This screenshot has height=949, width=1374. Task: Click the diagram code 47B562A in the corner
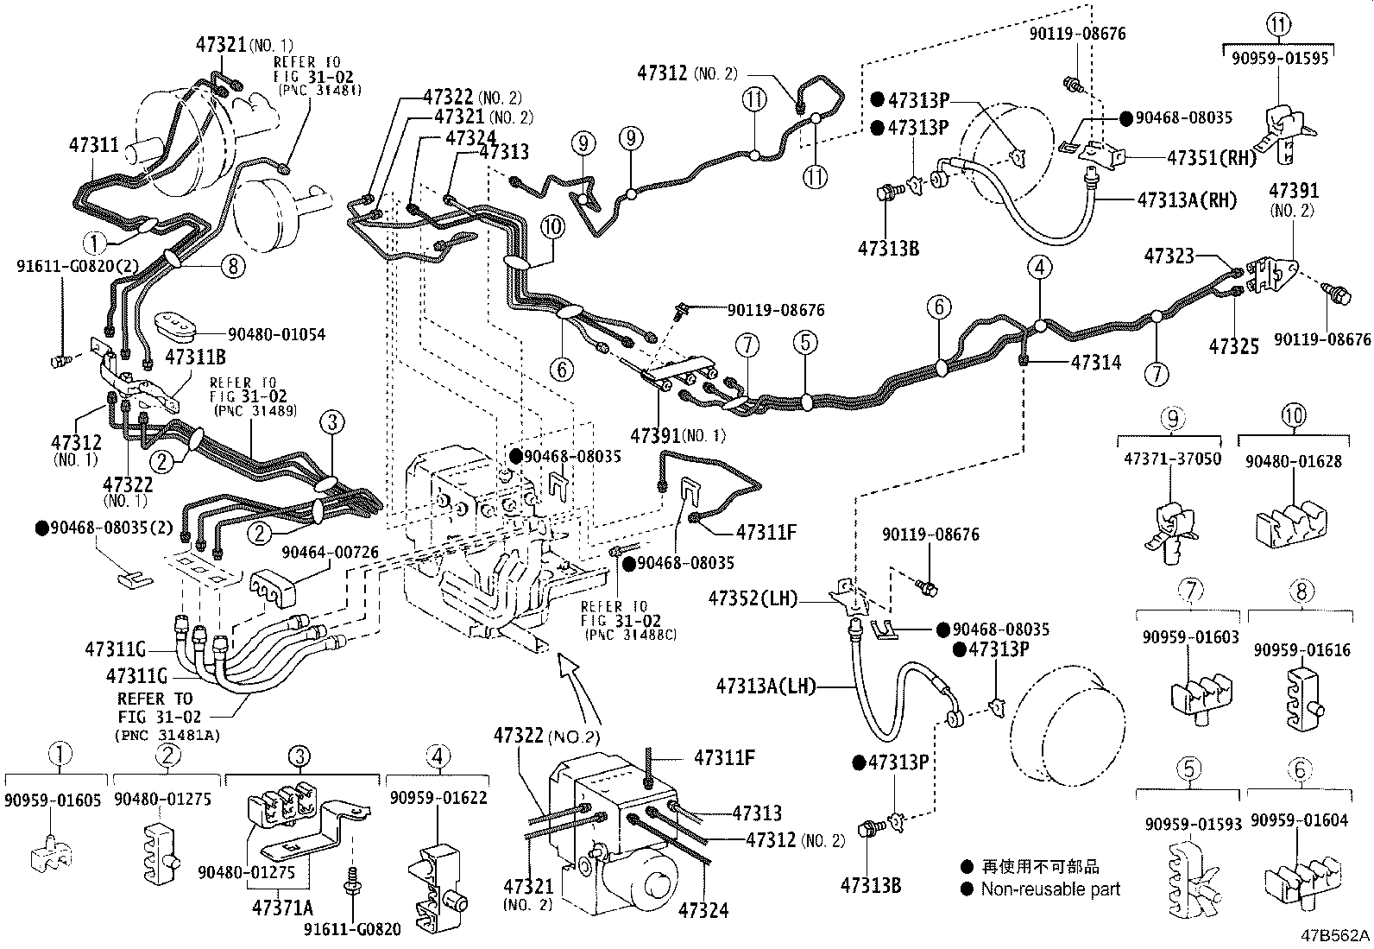point(1336,935)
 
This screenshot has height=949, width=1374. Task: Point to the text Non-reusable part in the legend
point(1050,889)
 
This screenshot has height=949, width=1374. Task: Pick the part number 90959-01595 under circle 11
point(1278,59)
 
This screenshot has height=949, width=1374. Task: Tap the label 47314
point(1096,363)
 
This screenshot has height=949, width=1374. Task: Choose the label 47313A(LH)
point(766,686)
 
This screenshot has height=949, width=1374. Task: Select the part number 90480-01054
point(276,334)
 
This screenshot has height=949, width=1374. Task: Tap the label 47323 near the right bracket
point(1169,256)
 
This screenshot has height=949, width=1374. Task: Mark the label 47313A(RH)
point(1187,200)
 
